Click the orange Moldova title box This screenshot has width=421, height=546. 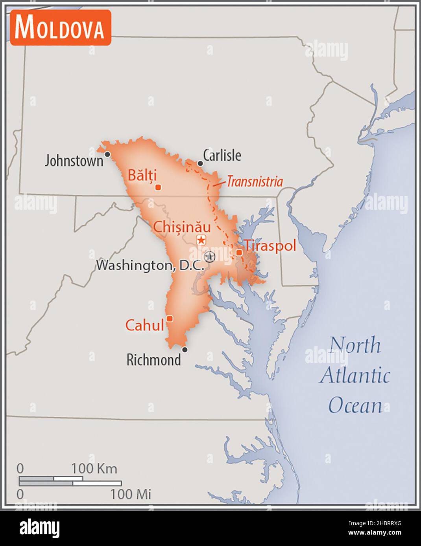click(61, 27)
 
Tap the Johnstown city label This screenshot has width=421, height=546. click(74, 161)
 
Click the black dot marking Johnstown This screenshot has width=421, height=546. click(107, 154)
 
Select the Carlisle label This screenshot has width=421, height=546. click(222, 156)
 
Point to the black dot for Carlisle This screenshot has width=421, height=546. click(200, 163)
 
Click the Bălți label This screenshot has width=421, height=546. click(142, 175)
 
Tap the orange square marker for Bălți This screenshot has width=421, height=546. click(158, 187)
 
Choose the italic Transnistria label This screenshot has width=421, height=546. click(255, 181)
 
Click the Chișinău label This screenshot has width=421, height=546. click(182, 227)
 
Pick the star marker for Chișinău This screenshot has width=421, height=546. click(201, 240)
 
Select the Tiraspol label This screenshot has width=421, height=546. click(270, 246)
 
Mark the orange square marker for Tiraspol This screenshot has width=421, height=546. click(239, 252)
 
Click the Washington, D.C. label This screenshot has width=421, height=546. click(150, 265)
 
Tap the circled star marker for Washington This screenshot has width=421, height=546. click(210, 257)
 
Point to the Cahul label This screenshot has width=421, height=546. click(144, 325)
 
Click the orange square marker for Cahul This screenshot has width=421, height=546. click(170, 319)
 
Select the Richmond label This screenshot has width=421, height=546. click(154, 359)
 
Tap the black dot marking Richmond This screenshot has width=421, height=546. click(185, 350)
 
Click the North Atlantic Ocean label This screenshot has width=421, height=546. click(355, 375)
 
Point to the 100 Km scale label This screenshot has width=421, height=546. click(94, 468)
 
